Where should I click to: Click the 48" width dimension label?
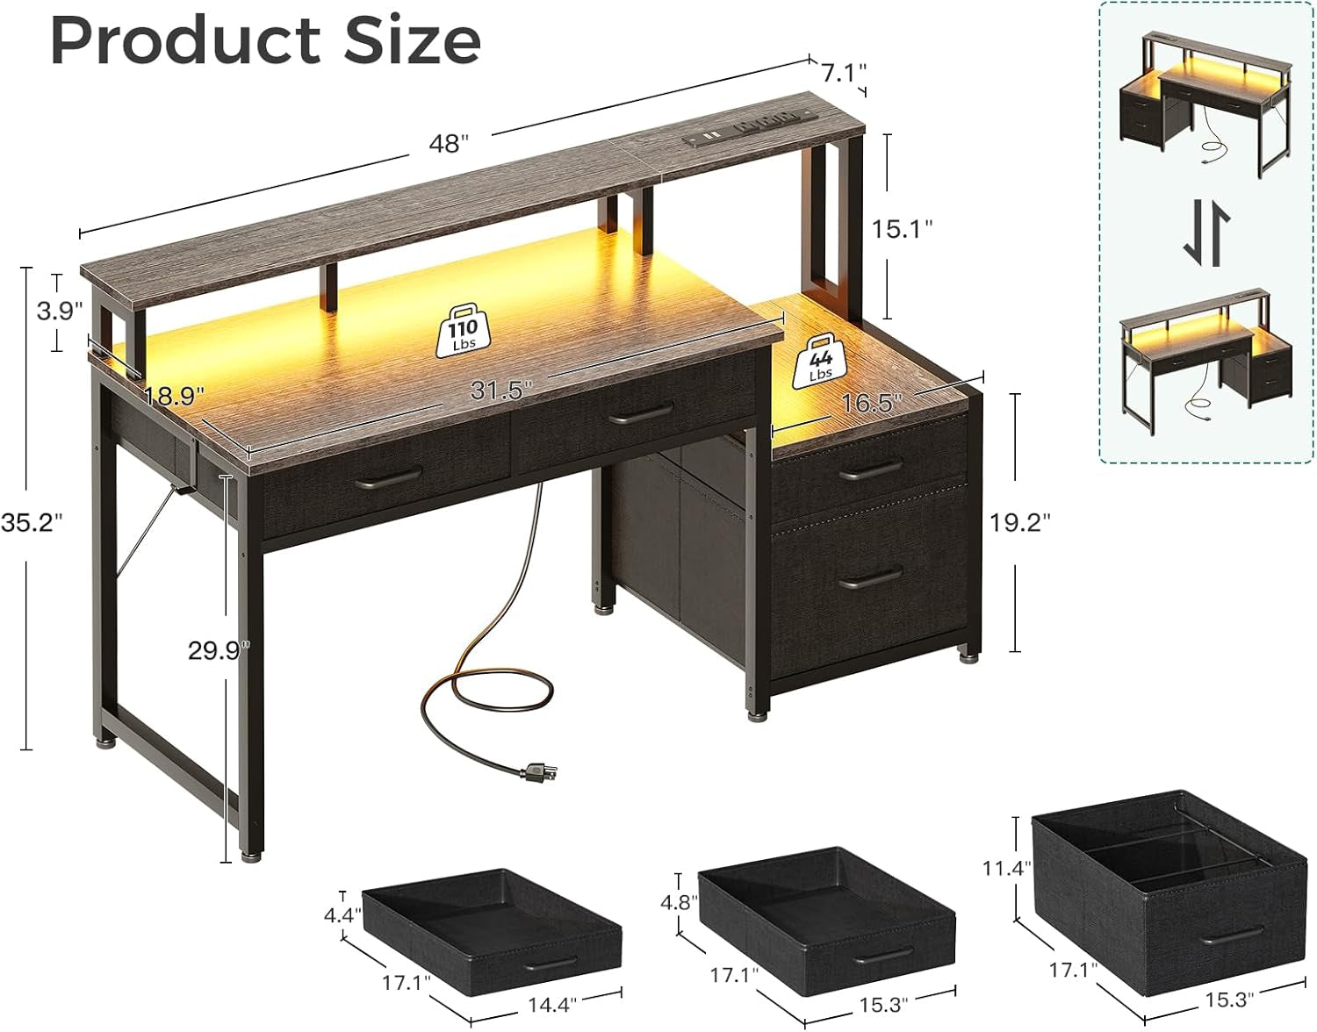pos(449,143)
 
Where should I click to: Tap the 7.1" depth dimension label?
pos(844,73)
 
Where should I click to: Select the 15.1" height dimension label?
pos(901,229)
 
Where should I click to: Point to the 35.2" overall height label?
pos(32,522)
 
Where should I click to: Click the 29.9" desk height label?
pos(219,650)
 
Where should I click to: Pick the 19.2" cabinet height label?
pos(1019,522)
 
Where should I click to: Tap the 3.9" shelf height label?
pos(59,311)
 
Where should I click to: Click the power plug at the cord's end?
pos(537,772)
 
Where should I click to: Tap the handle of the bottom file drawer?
pos(870,578)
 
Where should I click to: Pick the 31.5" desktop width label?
pos(498,391)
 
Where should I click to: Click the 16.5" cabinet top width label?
pos(871,403)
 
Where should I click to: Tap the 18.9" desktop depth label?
pos(174,396)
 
